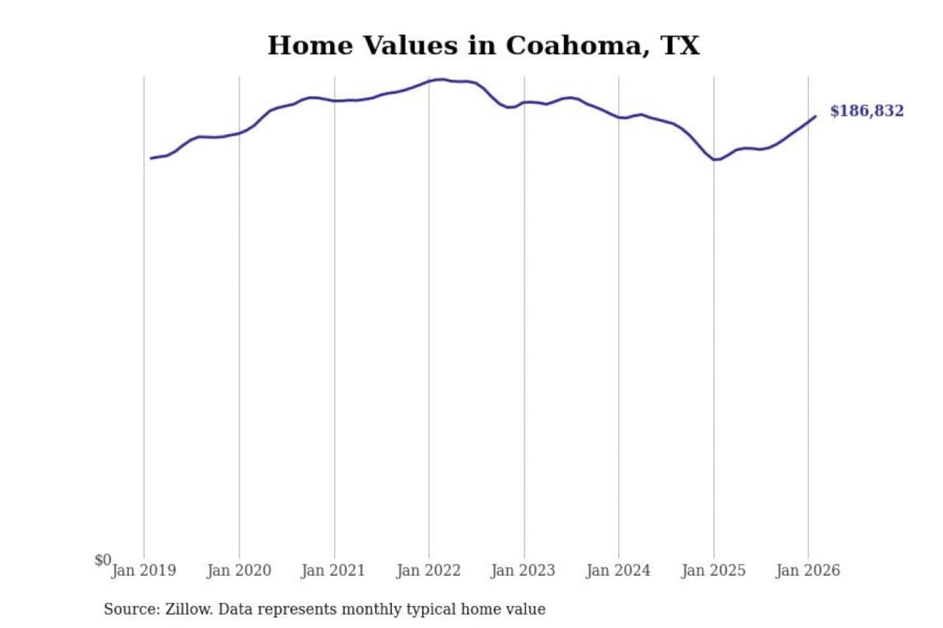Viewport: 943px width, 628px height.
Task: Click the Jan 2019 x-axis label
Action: (143, 570)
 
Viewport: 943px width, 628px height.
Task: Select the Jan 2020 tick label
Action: (238, 570)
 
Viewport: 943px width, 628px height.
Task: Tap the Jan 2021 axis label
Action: (333, 570)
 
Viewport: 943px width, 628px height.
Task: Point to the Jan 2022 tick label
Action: (428, 570)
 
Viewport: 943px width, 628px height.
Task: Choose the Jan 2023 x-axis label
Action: (523, 570)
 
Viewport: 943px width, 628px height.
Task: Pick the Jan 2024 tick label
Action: (618, 570)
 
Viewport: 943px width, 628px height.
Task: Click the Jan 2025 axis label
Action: (713, 570)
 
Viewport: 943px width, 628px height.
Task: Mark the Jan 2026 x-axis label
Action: (807, 570)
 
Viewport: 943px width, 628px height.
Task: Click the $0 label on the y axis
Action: (103, 560)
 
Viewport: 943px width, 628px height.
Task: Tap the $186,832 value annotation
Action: (866, 111)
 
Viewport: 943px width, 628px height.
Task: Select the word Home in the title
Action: (310, 46)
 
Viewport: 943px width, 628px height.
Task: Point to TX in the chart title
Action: (680, 46)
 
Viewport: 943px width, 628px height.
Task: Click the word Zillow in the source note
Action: (188, 609)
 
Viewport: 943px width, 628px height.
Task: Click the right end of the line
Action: (815, 116)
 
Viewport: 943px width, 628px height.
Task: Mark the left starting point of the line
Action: (151, 158)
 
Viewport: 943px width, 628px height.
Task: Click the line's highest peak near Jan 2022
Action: (443, 80)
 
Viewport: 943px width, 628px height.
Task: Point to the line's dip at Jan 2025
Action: (716, 160)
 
